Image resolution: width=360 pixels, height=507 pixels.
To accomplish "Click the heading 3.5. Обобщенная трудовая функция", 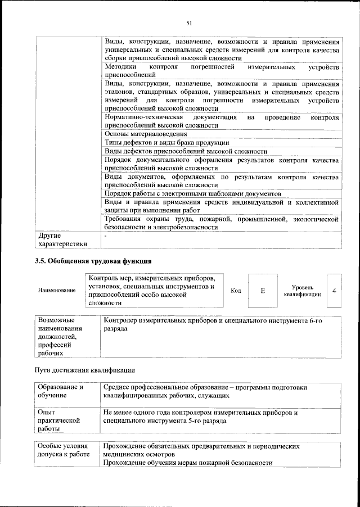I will click(x=93, y=261).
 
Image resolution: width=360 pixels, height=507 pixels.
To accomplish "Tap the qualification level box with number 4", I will click(x=334, y=291).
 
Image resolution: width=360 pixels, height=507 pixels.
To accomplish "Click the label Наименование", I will click(x=57, y=291).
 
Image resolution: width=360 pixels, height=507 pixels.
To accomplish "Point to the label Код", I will click(x=236, y=291).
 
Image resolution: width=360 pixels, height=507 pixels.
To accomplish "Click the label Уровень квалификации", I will click(x=302, y=291).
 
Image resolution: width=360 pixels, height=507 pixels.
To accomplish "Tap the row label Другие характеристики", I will click(x=62, y=239).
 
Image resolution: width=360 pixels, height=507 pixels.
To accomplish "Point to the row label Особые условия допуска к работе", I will click(x=64, y=454).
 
